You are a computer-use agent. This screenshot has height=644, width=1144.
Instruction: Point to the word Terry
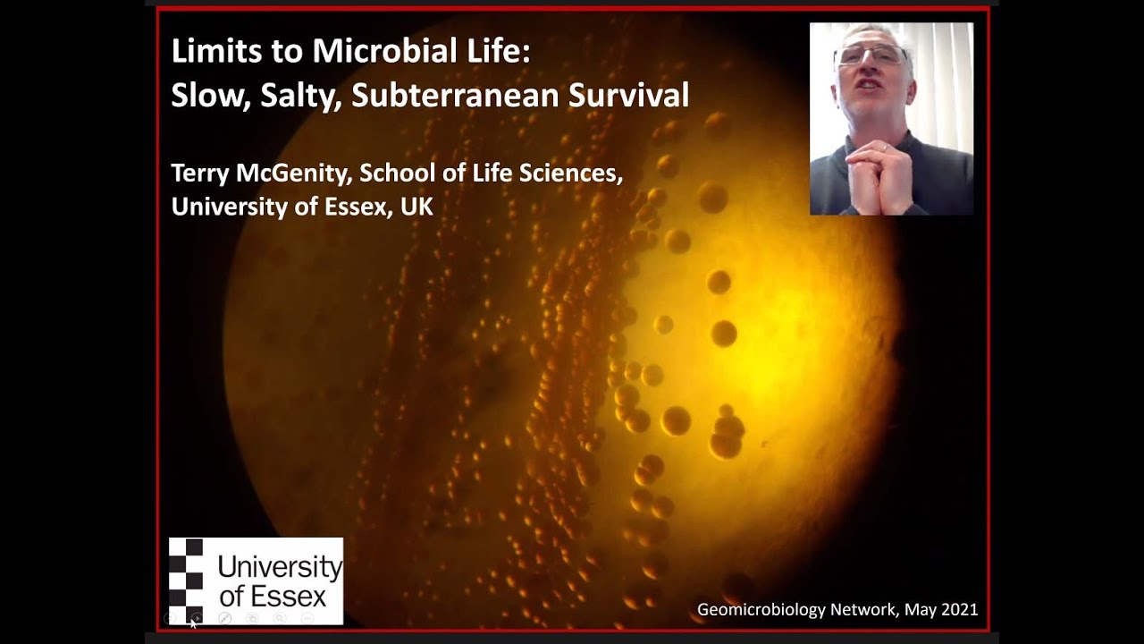pyautogui.click(x=199, y=173)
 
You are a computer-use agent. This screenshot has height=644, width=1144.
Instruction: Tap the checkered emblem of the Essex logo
pyautogui.click(x=187, y=580)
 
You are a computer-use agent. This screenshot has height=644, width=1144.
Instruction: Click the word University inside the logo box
pyautogui.click(x=280, y=567)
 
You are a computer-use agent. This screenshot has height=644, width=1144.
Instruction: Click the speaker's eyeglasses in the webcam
pyautogui.click(x=870, y=56)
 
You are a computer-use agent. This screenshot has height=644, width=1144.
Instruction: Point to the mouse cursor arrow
pyautogui.click(x=193, y=622)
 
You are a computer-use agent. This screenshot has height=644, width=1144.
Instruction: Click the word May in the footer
pyautogui.click(x=920, y=610)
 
